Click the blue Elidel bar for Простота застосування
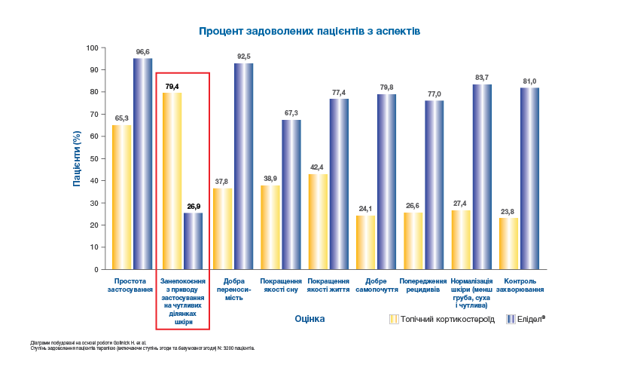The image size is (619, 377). click(143, 164)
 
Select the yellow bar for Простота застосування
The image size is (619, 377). click(121, 197)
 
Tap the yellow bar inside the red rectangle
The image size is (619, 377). click(172, 181)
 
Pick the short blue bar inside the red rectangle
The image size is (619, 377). click(194, 241)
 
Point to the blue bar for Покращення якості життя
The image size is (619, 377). click(338, 184)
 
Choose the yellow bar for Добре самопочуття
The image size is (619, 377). click(366, 241)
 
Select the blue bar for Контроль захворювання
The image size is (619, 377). click(529, 178)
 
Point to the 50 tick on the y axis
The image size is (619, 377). click(93, 158)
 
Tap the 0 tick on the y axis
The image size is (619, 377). click(96, 269)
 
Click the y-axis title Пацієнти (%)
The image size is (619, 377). click(77, 158)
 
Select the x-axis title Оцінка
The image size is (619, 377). click(309, 319)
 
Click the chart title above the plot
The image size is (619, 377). click(309, 32)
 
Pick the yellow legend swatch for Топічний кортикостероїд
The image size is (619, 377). click(393, 319)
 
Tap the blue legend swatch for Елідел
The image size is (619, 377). click(511, 319)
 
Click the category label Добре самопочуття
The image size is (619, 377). click(377, 285)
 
